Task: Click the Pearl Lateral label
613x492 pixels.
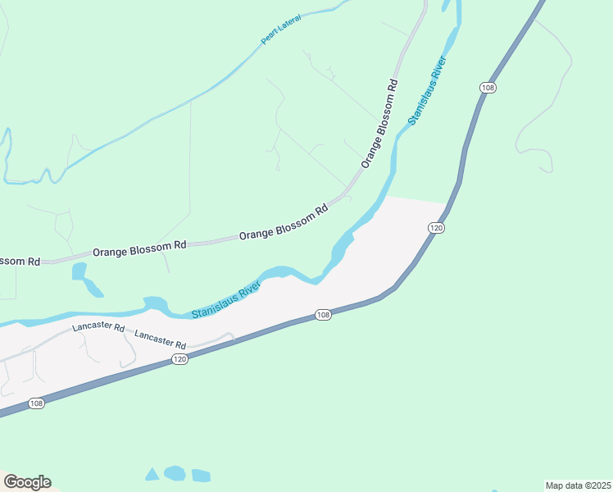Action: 281,29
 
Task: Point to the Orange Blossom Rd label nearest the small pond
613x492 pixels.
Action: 139,246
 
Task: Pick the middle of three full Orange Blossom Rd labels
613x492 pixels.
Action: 284,222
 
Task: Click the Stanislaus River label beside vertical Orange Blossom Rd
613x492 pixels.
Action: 426,90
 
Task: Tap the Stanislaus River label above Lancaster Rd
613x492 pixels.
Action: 226,300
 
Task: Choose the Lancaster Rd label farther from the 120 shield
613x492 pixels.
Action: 98,327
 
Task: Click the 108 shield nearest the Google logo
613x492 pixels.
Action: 36,403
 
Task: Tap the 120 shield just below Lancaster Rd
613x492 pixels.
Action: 180,359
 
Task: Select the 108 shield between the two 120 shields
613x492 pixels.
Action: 323,315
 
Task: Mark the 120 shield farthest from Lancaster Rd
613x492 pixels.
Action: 436,227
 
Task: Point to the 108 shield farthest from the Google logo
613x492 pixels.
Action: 488,87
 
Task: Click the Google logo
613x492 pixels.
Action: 27,482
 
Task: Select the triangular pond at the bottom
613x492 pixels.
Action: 152,474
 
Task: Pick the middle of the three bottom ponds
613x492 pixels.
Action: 175,472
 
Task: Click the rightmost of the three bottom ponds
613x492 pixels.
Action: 201,476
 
